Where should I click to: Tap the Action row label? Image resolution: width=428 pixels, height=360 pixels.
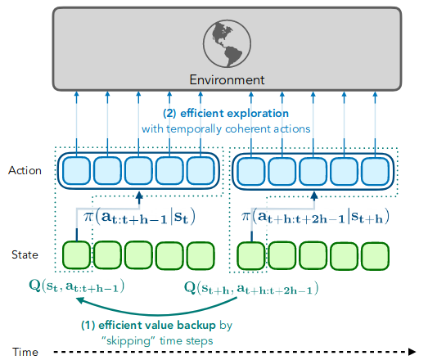(x=24, y=171)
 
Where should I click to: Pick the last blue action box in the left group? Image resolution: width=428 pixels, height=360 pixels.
(x=200, y=172)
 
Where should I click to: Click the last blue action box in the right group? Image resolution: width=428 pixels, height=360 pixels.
(x=374, y=172)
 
